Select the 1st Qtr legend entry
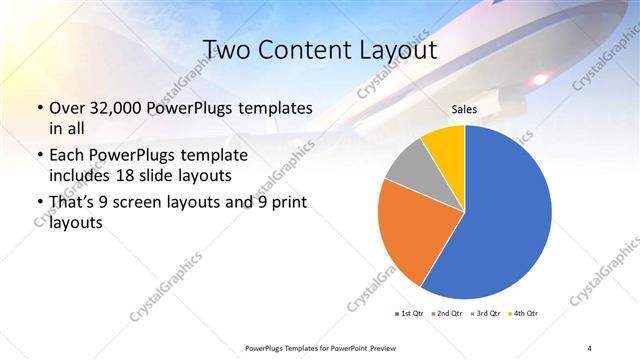point(411,314)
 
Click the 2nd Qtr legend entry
point(446,314)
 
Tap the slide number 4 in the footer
point(590,347)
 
